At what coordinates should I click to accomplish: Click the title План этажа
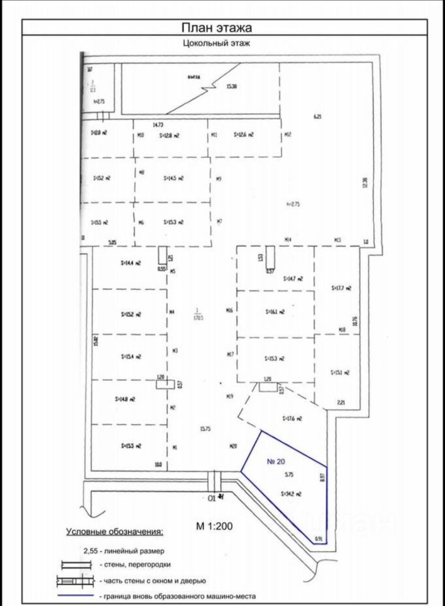click(x=217, y=28)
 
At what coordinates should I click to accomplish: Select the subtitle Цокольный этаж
click(x=217, y=44)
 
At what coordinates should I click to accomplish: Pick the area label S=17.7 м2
click(x=341, y=288)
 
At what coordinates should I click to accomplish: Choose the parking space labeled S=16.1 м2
click(x=276, y=312)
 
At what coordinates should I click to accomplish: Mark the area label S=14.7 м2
click(x=294, y=278)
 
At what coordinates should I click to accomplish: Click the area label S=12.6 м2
click(x=244, y=134)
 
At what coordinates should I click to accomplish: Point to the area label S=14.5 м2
click(x=172, y=179)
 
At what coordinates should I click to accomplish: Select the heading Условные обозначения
click(x=114, y=532)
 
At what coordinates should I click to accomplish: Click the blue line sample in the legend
click(x=75, y=596)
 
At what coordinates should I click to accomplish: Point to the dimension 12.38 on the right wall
click(x=364, y=182)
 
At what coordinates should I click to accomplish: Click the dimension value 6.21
click(x=317, y=117)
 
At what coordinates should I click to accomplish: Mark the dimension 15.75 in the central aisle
click(x=205, y=429)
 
